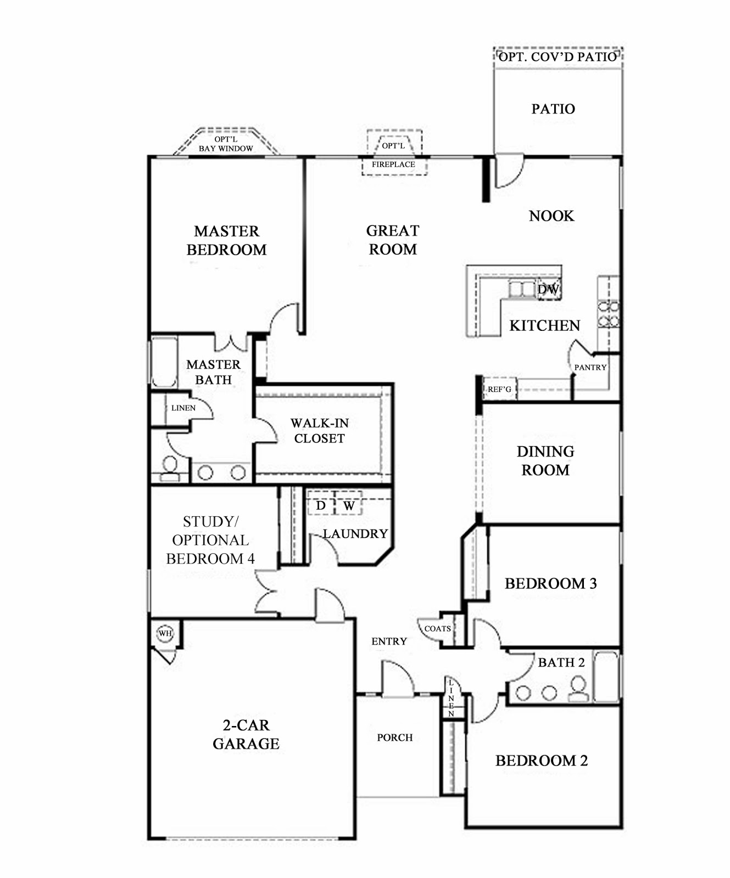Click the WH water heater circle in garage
[165, 633]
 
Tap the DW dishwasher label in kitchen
[548, 289]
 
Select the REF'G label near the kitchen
[499, 389]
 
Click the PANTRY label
[590, 367]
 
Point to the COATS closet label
[437, 628]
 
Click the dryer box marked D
[321, 505]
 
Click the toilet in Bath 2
[577, 689]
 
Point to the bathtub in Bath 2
[607, 676]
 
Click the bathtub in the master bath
[164, 362]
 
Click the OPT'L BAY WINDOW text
[226, 144]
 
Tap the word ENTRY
[389, 641]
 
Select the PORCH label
[394, 738]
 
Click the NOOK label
[551, 216]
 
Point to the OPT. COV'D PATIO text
[558, 56]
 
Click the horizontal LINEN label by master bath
[183, 408]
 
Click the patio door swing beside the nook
[508, 171]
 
